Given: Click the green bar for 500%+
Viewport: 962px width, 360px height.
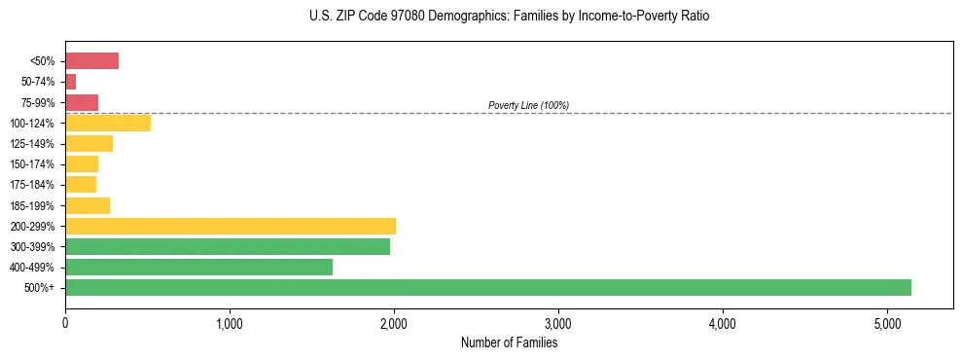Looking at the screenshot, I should (x=487, y=287).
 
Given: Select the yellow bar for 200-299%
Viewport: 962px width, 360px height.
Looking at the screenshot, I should (x=231, y=226).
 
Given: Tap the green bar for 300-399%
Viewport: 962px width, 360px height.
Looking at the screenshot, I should (x=228, y=246).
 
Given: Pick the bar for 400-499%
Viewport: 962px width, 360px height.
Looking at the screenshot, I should (x=198, y=267).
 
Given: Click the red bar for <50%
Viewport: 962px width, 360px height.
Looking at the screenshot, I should (x=91, y=61).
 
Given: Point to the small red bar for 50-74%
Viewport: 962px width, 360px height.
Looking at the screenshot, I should (x=70, y=82).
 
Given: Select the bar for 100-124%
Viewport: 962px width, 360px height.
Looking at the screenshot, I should (x=108, y=123).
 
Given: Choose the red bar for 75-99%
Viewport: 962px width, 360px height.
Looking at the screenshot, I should (x=82, y=102).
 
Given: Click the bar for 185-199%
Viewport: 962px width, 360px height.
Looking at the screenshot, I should (x=88, y=205).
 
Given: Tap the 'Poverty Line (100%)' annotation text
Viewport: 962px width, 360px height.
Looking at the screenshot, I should (x=528, y=105).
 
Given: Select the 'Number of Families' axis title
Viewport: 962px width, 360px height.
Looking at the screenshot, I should (x=509, y=342).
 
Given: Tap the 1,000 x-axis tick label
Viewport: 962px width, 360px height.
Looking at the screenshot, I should (x=230, y=322).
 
